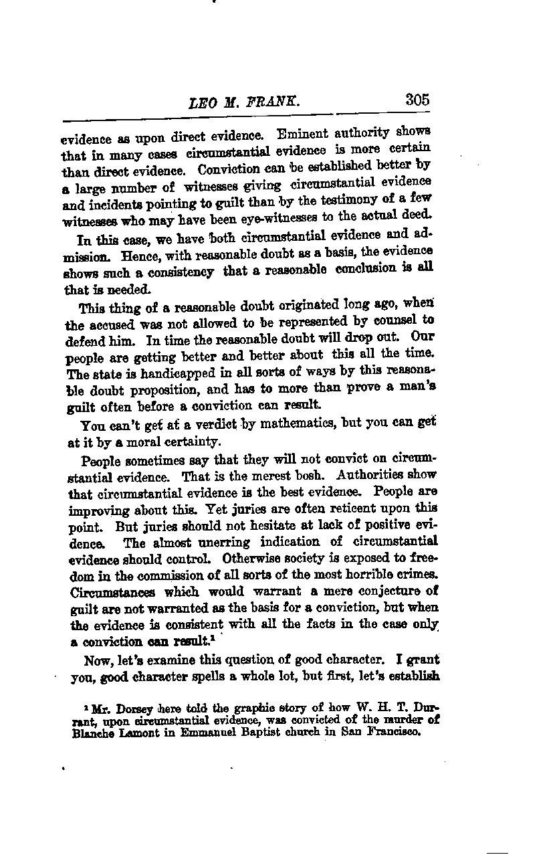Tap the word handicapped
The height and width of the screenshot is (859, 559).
(159, 372)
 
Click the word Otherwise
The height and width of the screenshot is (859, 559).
(257, 557)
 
